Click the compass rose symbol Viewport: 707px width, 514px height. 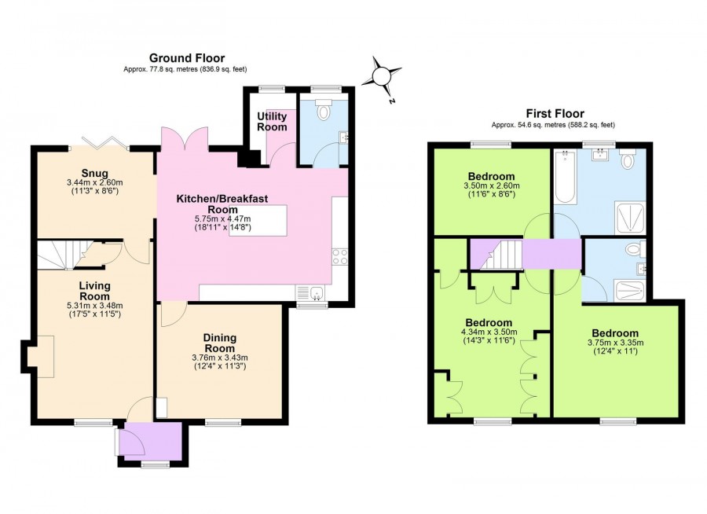[x=383, y=76]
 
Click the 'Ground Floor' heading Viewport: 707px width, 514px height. [x=187, y=58]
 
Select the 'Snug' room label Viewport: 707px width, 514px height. [x=93, y=174]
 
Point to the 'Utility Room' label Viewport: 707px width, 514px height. [x=272, y=121]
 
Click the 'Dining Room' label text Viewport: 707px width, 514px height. [x=220, y=343]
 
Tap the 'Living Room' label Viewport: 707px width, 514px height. [x=93, y=290]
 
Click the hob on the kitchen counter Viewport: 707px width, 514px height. [x=340, y=256]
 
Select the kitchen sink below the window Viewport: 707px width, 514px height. [x=314, y=294]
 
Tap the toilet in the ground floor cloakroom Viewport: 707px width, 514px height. [x=323, y=112]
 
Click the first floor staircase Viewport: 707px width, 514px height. [x=500, y=255]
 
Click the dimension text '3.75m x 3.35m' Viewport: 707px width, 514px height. [x=614, y=343]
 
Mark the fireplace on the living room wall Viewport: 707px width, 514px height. [x=39, y=351]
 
